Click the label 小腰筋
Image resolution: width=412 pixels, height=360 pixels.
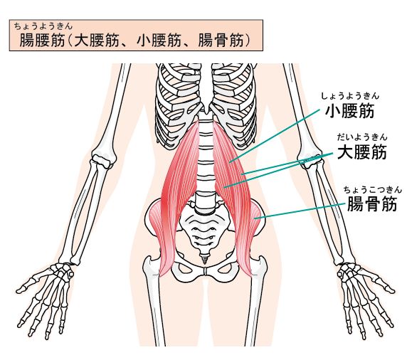point(349,110)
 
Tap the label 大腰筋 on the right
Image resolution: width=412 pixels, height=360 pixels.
point(361,152)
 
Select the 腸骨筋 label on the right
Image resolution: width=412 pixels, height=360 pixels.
point(372,204)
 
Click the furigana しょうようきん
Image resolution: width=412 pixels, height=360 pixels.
point(350,95)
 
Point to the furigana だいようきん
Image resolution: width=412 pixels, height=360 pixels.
point(362,137)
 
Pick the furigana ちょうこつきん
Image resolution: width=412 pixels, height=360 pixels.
point(373,189)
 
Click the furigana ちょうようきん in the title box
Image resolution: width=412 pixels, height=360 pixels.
point(43,26)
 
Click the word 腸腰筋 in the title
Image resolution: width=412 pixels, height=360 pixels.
point(42,41)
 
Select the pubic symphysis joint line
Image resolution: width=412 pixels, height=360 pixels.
point(205,272)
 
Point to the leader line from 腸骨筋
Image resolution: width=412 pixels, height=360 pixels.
point(300,211)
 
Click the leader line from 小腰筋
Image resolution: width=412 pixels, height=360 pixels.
point(275,136)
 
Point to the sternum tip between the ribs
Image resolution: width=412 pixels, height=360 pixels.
point(206,110)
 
